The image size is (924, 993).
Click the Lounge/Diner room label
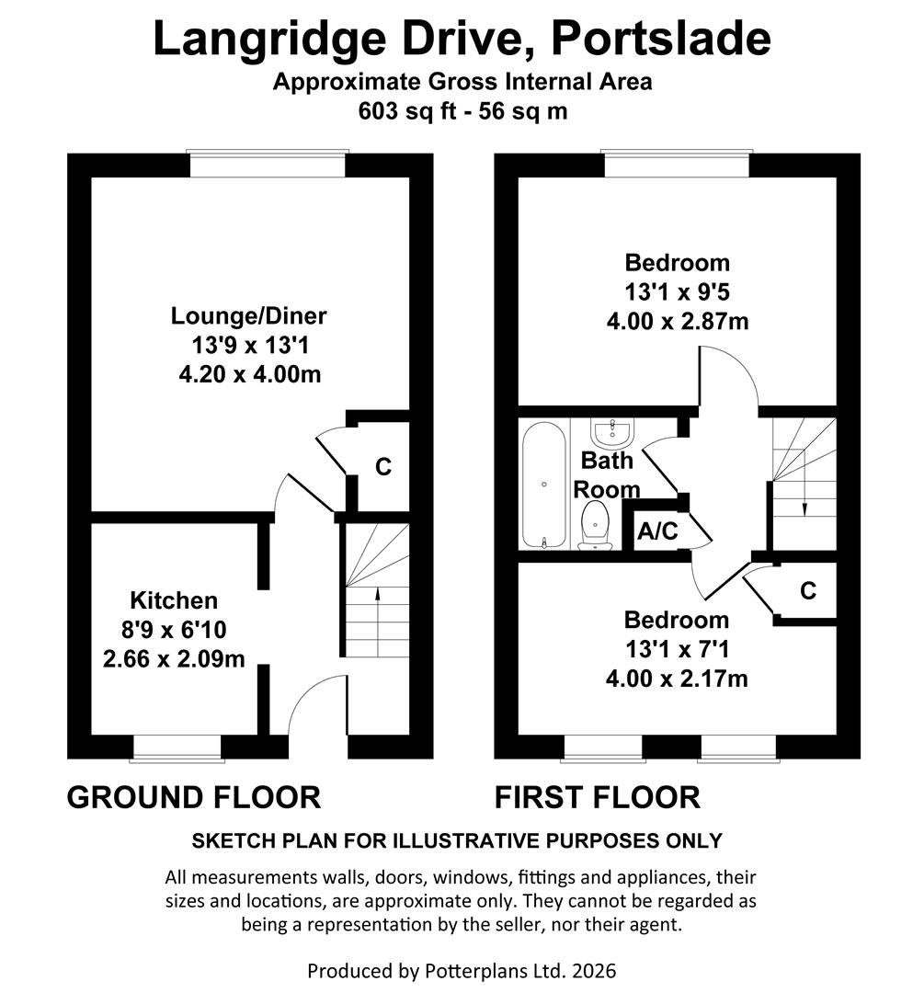pos(248,316)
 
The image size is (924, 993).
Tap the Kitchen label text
pos(174,600)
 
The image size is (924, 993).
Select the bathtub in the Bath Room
pos(543,484)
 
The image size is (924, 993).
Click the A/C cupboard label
pos(657,531)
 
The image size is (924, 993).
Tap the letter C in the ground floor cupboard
pos(383,466)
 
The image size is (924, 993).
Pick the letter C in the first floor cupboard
pos(807,590)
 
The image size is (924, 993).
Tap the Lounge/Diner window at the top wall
pos(267,164)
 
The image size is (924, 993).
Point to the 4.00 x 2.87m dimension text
pos(677,322)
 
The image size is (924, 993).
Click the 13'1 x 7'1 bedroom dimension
pos(677,649)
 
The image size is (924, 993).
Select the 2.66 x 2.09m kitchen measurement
pos(174,659)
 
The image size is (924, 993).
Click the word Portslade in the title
pos(650,39)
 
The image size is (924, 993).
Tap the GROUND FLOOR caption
pos(194,796)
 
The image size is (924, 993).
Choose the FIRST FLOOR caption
pos(598,796)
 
